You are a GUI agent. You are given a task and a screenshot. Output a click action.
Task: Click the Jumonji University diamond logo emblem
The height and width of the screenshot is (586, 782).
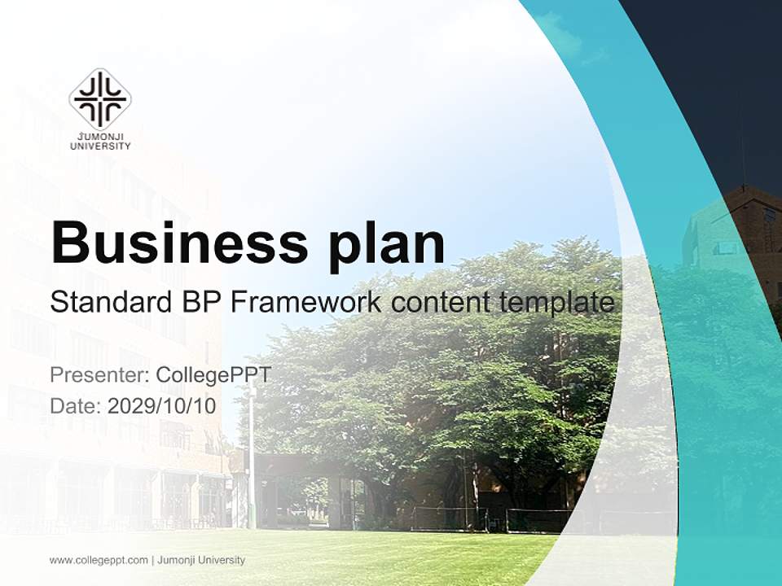tap(100, 99)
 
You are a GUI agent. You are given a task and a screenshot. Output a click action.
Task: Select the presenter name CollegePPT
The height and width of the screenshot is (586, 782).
tap(213, 375)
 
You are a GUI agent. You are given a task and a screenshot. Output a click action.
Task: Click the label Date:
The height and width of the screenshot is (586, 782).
tap(76, 405)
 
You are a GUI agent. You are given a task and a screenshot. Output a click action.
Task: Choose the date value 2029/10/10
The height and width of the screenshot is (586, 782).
tap(161, 405)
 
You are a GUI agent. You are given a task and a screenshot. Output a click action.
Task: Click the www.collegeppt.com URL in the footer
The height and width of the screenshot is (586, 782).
tap(99, 560)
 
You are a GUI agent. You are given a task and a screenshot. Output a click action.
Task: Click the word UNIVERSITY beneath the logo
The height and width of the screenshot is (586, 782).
tap(100, 146)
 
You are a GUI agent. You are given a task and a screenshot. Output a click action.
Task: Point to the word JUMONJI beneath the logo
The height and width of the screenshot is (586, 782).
tap(100, 138)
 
